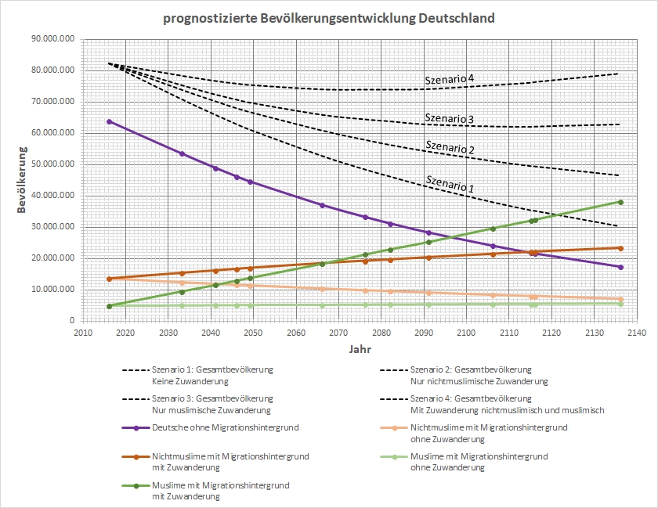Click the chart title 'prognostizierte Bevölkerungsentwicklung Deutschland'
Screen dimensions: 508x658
tap(329, 18)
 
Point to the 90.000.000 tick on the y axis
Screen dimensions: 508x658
tap(50, 39)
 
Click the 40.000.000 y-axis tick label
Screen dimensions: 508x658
tap(50, 196)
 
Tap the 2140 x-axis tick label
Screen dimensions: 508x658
tap(636, 333)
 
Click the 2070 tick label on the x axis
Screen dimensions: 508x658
tap(338, 333)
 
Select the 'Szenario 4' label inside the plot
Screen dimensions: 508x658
tap(450, 79)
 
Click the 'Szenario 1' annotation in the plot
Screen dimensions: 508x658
tap(450, 186)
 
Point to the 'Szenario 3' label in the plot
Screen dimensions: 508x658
tap(450, 119)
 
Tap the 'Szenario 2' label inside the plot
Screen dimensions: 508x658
tap(450, 146)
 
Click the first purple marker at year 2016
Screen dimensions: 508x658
tap(109, 121)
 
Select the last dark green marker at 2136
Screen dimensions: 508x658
tap(620, 202)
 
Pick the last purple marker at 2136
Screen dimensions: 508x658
tap(620, 267)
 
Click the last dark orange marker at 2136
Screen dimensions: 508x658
tap(620, 248)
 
